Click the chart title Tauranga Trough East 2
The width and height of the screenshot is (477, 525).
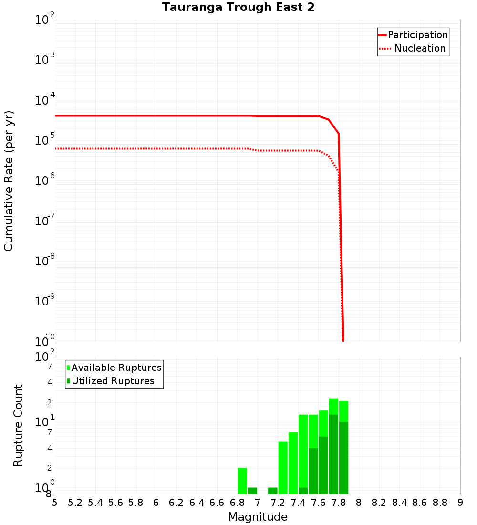pos(238,8)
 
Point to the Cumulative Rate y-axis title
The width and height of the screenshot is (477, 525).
pos(9,181)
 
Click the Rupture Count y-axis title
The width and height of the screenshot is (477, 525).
pos(18,425)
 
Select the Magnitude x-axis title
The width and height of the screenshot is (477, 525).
pos(258,517)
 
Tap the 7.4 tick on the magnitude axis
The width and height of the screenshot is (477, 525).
pos(298,503)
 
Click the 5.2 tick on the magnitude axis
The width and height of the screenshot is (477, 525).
pos(75,503)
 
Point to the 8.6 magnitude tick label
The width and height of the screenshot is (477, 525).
pos(420,503)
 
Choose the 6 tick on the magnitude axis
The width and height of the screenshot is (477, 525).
pos(156,503)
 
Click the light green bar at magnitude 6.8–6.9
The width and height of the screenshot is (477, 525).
pos(242,481)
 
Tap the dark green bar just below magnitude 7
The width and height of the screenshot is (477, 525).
pos(252,491)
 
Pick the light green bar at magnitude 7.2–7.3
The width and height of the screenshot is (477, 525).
pos(283,468)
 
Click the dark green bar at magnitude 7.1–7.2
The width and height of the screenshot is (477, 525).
pos(273,491)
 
